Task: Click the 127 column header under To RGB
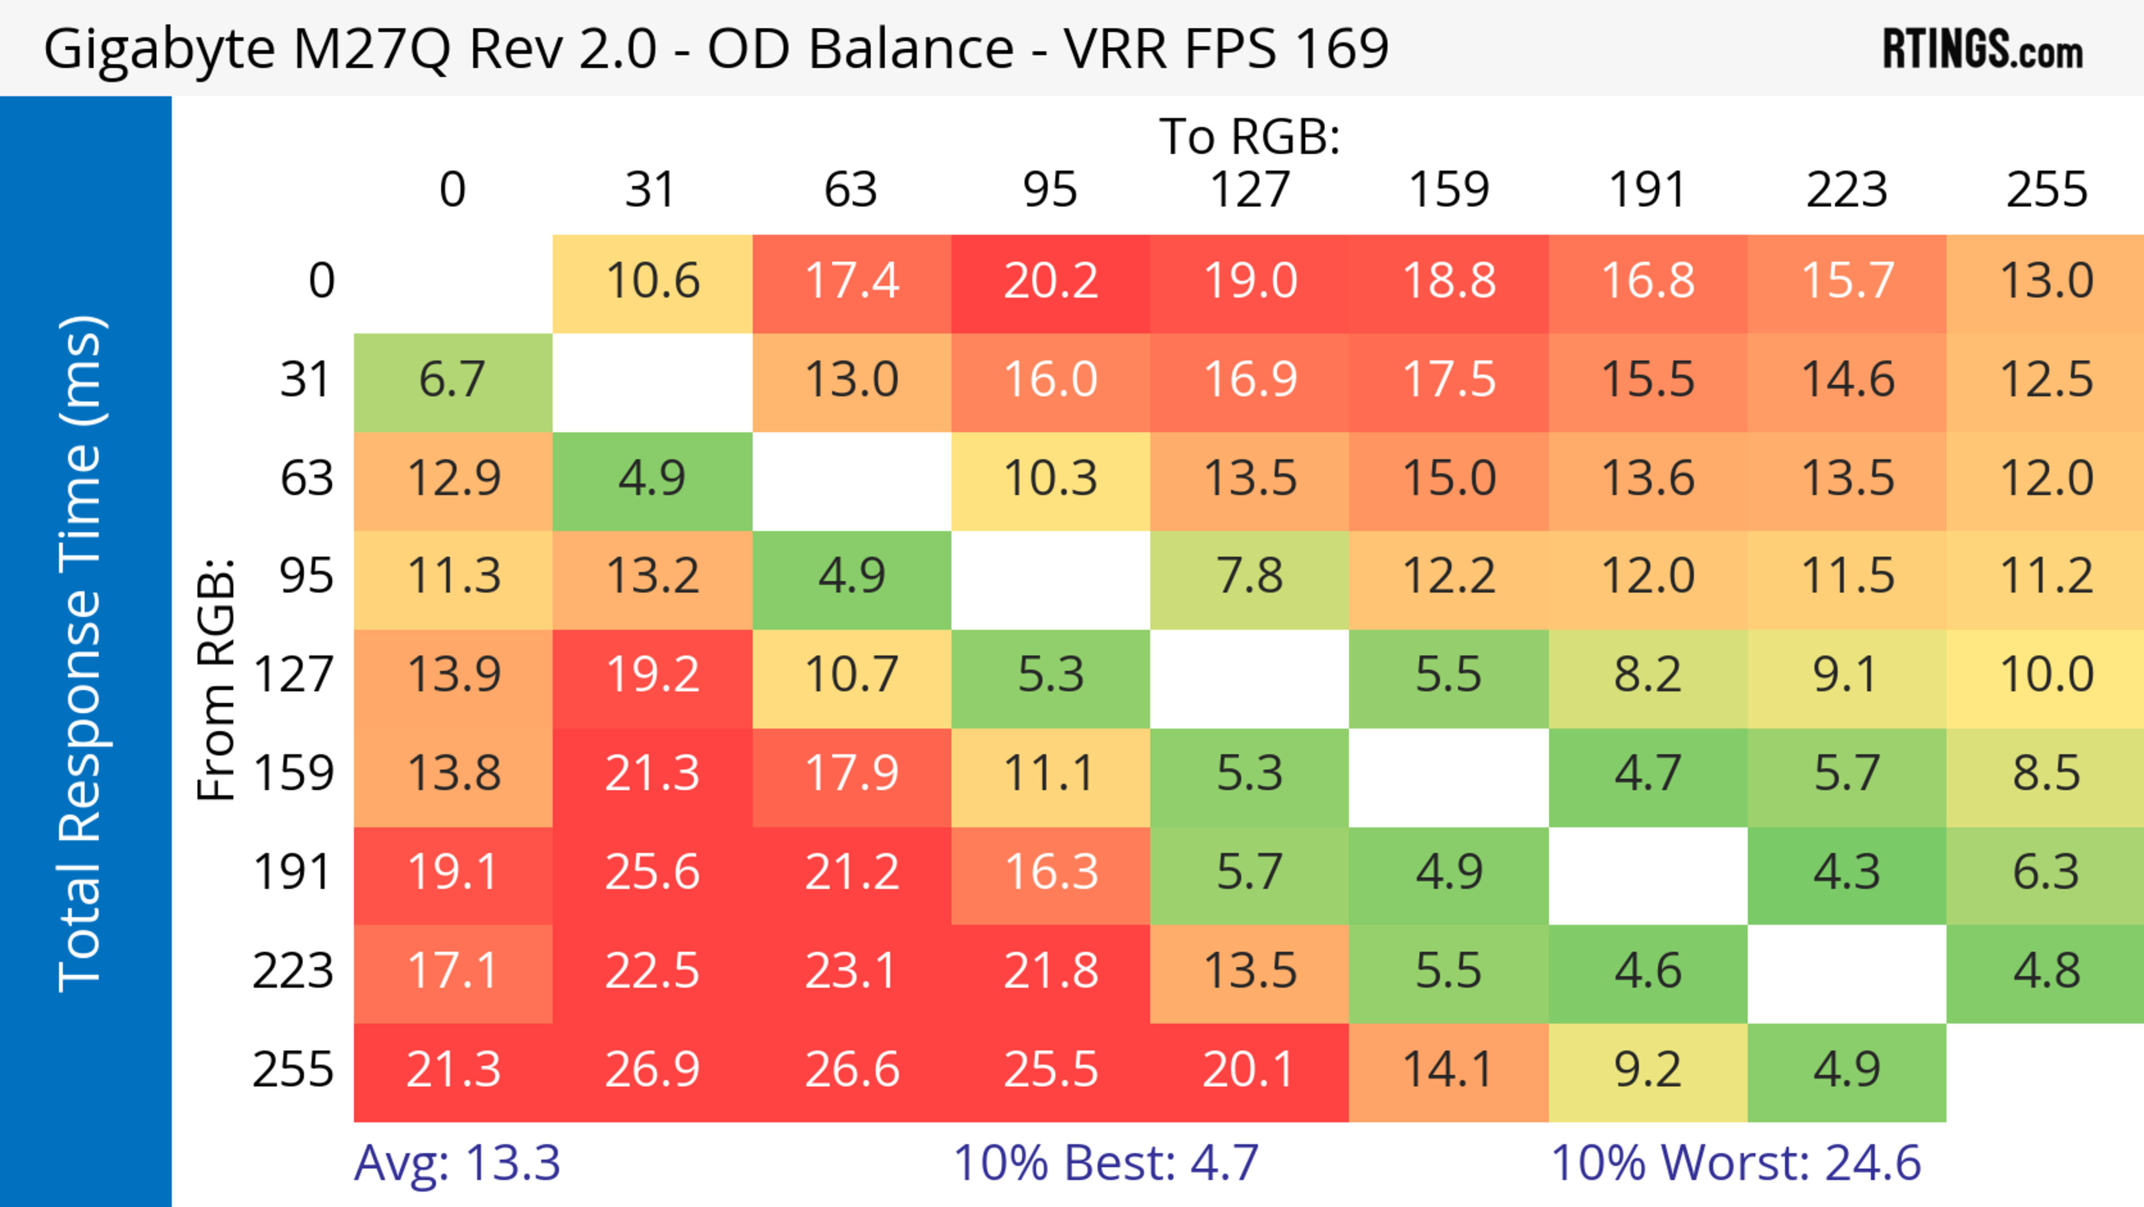click(1250, 190)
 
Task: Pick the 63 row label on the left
click(307, 479)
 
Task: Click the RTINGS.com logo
click(1983, 50)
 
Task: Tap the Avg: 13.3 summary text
click(457, 1163)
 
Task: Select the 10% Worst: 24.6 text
click(1735, 1163)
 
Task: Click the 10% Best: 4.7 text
click(1105, 1163)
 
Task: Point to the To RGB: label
click(1250, 136)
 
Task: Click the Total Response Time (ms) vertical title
click(82, 653)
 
